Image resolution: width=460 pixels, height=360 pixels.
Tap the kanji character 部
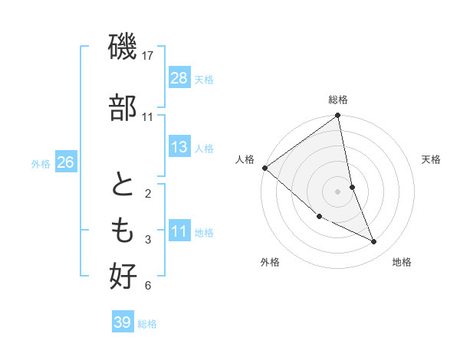coord(123,107)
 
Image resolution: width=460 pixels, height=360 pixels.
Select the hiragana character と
coord(123,187)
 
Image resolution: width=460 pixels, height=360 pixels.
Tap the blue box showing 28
coord(179,77)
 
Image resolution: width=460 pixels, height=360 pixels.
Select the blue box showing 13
coord(179,147)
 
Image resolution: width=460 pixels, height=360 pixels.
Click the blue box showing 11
coord(179,232)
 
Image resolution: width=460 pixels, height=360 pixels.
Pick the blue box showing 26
coord(65,162)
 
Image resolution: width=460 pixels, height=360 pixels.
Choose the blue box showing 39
coord(122,323)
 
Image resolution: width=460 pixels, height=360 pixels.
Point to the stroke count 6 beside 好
coord(148,286)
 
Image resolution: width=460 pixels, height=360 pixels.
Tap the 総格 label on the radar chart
coord(338,100)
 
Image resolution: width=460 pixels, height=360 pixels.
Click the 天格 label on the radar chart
coord(431,159)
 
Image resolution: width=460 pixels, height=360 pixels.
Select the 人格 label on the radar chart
coord(245,159)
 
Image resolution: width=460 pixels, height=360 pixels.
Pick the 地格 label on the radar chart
coord(402,262)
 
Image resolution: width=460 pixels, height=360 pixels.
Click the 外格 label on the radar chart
coord(270,262)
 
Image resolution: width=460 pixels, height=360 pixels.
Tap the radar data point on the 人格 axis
coord(264,168)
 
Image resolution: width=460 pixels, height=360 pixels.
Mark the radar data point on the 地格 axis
coord(374,242)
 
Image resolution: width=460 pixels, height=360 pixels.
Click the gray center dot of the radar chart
coord(338,191)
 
